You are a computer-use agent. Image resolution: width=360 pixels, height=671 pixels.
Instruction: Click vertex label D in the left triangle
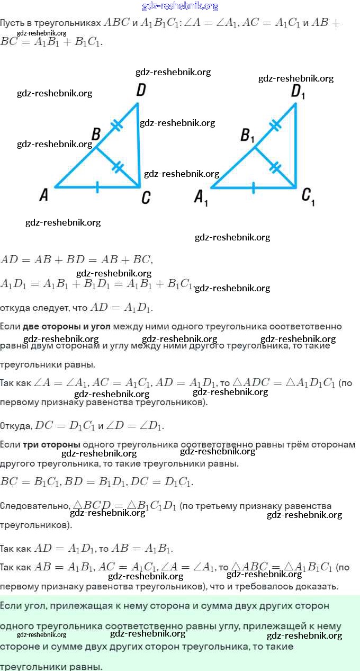click(141, 90)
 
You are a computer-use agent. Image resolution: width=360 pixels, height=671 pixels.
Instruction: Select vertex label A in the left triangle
click(44, 195)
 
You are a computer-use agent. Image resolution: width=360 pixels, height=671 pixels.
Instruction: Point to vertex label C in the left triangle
click(146, 198)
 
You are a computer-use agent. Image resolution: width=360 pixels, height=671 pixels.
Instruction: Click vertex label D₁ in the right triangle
click(298, 92)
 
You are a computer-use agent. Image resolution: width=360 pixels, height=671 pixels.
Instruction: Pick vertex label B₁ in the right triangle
click(247, 136)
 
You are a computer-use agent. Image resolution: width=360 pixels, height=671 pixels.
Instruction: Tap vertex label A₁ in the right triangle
click(201, 198)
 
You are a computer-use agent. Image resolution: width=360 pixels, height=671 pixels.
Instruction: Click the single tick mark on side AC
click(97, 187)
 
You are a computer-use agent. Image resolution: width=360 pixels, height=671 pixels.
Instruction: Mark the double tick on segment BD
click(116, 126)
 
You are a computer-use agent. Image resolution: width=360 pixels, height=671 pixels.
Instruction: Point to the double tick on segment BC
click(118, 167)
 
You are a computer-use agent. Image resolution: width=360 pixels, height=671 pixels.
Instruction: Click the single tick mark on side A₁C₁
click(254, 187)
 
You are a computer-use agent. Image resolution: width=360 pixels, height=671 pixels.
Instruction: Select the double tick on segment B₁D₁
click(275, 126)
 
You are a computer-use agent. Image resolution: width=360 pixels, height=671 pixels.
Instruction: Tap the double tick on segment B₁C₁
click(275, 167)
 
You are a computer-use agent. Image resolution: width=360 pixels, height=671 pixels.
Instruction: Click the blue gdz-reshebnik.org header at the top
click(180, 6)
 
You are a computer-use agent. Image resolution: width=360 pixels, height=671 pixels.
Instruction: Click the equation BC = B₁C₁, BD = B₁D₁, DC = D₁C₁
click(97, 481)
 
